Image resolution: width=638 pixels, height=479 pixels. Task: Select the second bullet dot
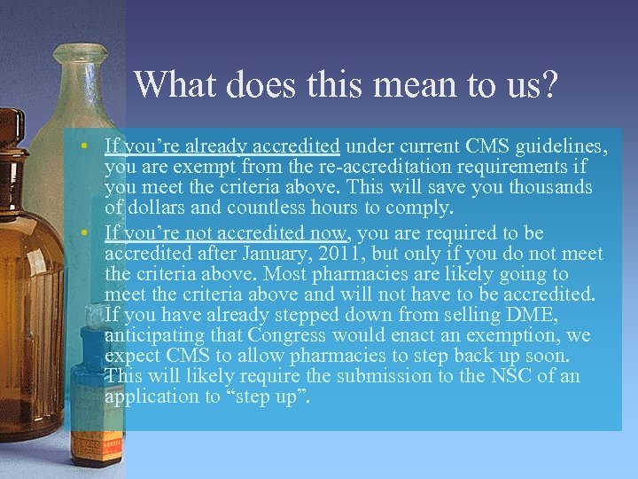[91, 233]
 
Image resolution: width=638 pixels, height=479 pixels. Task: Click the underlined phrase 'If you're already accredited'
[222, 145]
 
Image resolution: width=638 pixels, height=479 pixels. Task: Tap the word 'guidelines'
[552, 145]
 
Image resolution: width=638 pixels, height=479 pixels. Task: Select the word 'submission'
[369, 376]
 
